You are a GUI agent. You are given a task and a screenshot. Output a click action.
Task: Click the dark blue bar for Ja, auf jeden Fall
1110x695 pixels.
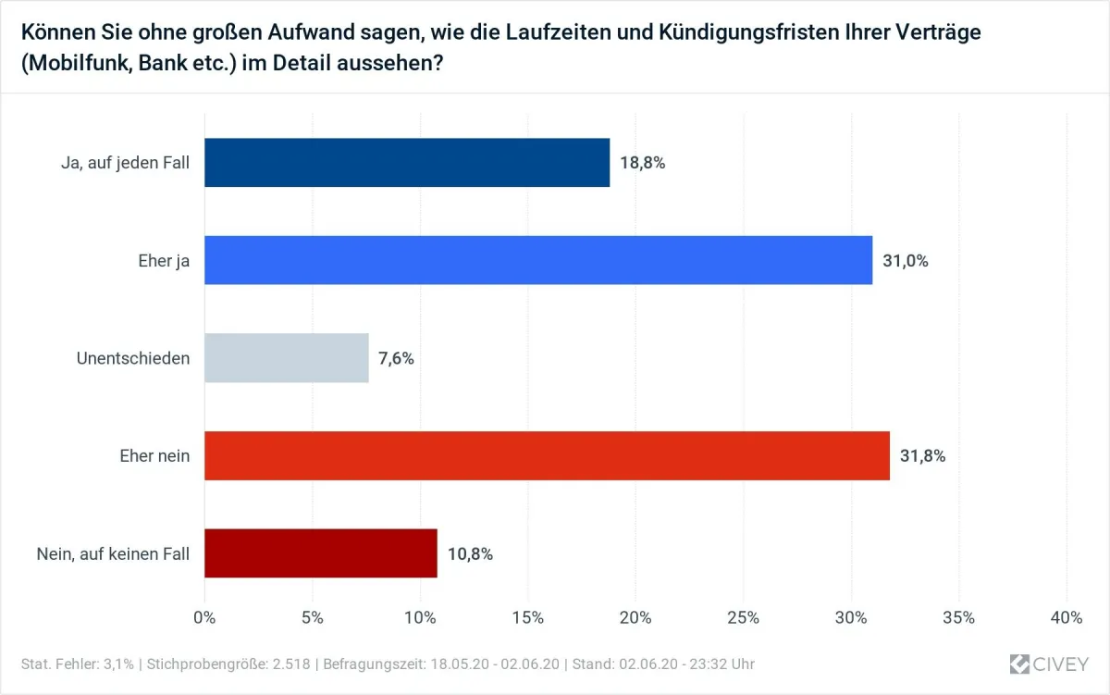(406, 163)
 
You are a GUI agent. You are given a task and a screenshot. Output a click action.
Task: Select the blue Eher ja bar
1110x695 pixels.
(537, 260)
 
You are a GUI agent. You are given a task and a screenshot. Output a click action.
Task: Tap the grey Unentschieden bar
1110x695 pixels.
(286, 358)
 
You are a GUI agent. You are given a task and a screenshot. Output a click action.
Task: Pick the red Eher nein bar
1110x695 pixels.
(546, 455)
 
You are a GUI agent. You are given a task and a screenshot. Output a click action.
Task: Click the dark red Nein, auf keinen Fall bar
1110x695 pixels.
(320, 553)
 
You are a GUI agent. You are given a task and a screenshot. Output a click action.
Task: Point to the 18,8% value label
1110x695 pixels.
(643, 163)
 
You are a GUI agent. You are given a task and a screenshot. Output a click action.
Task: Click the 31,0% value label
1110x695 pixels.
(905, 261)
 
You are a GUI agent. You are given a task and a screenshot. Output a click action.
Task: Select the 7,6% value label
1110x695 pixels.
(396, 358)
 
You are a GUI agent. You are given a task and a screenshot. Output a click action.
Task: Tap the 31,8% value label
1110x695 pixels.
(922, 456)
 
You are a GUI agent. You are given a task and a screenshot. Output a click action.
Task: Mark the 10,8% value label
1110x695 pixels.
(470, 554)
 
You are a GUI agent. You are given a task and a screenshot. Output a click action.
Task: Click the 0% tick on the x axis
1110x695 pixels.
(203, 617)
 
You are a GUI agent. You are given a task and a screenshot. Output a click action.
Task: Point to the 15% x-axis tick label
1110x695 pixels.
(527, 617)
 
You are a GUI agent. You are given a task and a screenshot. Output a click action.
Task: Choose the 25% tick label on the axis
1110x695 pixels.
(744, 617)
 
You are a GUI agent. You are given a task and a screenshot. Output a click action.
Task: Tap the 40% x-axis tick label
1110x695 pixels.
(1067, 617)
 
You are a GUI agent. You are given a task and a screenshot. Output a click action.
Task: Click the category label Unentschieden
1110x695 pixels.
(133, 358)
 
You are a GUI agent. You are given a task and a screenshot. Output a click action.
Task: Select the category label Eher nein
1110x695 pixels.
(154, 456)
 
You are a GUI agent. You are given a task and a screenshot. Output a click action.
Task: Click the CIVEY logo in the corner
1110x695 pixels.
(1049, 664)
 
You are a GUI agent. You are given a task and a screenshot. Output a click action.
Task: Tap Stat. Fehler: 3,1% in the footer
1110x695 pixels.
(77, 664)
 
